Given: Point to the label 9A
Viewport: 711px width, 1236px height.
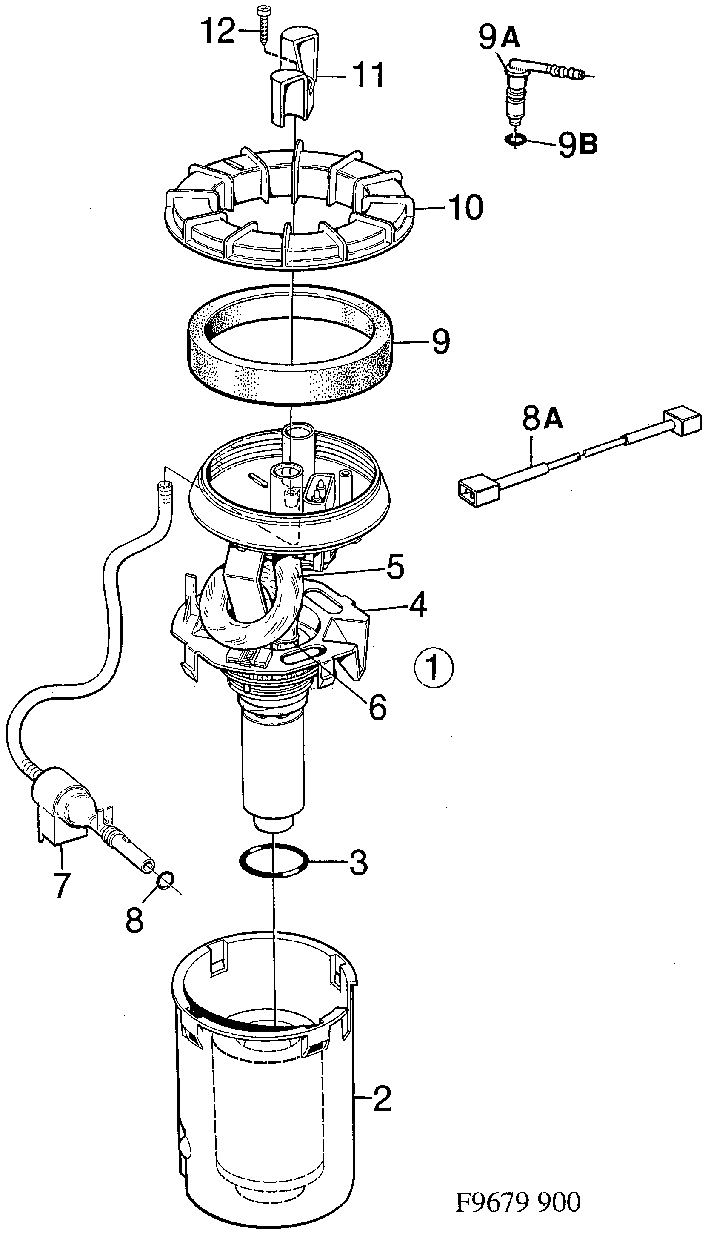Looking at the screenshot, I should point(499,38).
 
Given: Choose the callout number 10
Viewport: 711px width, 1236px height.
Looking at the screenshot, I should point(466,207).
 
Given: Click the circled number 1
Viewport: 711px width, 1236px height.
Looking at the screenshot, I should point(434,668).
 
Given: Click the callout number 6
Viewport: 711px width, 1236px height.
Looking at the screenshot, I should point(377,707).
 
